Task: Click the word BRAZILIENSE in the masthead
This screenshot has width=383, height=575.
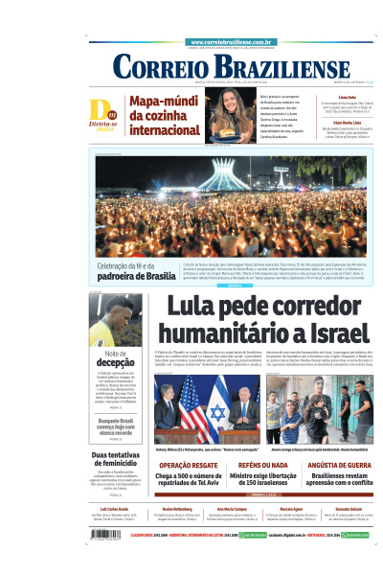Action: click(268, 67)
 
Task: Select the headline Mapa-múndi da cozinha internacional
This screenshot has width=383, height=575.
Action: click(165, 115)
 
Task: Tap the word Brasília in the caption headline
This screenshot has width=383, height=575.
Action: click(147, 276)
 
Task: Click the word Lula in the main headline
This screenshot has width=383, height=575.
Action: click(198, 309)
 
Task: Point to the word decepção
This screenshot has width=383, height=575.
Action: click(109, 363)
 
